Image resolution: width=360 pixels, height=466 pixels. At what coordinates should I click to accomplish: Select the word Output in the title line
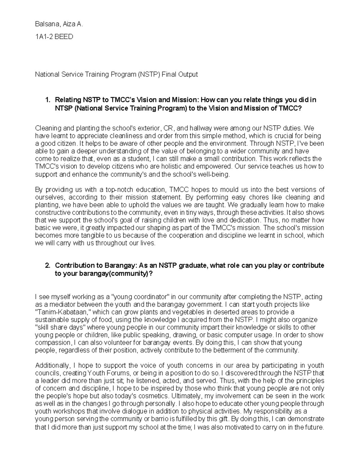(188, 74)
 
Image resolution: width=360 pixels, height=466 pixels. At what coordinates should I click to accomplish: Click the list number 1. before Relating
(47, 100)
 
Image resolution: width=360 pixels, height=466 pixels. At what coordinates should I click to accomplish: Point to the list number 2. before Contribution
(47, 266)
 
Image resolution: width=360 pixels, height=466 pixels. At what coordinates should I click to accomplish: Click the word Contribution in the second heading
(75, 266)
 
